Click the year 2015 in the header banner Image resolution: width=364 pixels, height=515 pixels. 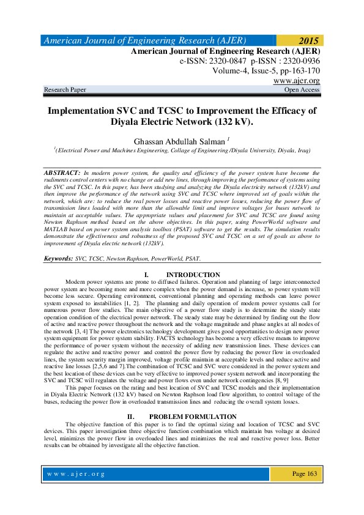click(x=308, y=41)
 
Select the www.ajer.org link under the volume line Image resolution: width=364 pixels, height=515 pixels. click(x=297, y=81)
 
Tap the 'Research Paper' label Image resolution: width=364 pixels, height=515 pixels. click(x=65, y=90)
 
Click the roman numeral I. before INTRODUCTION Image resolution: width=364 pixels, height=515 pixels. click(x=144, y=275)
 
